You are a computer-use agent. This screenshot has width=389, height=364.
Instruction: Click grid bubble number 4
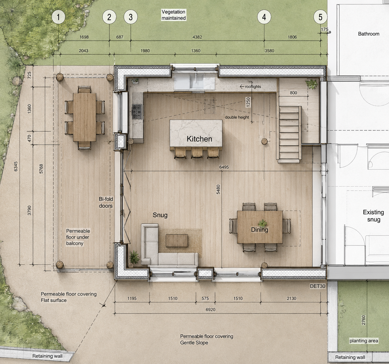click(x=264, y=17)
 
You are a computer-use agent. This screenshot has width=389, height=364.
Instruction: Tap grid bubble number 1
click(x=58, y=17)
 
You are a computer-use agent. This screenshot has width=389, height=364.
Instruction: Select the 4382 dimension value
click(x=197, y=37)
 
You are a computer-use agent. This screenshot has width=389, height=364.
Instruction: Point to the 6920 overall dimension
click(x=210, y=309)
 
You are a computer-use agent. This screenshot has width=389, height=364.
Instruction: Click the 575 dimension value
click(x=205, y=299)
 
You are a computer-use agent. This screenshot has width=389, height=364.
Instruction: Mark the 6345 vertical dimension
click(x=16, y=166)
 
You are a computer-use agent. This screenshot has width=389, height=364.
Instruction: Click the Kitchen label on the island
click(x=199, y=139)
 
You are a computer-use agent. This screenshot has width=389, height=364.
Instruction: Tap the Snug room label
click(x=160, y=215)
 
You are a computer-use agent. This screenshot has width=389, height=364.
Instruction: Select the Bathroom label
click(x=368, y=34)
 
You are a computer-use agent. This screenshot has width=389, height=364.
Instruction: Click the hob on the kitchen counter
click(x=137, y=111)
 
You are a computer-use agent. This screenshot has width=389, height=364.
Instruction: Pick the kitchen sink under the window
click(x=196, y=81)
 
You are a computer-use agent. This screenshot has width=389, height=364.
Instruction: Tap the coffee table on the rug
click(x=177, y=240)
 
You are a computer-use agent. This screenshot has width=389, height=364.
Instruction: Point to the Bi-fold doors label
click(x=106, y=202)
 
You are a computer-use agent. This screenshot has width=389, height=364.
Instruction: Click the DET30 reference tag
click(x=318, y=286)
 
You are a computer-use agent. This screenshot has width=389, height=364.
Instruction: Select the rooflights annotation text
click(x=253, y=86)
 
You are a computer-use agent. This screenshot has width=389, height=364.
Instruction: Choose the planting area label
click(x=364, y=341)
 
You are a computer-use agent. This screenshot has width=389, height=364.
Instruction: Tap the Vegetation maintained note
click(x=174, y=15)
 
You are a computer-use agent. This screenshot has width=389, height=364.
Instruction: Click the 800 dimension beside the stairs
click(x=293, y=93)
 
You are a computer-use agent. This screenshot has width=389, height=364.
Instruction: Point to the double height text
click(x=237, y=117)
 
